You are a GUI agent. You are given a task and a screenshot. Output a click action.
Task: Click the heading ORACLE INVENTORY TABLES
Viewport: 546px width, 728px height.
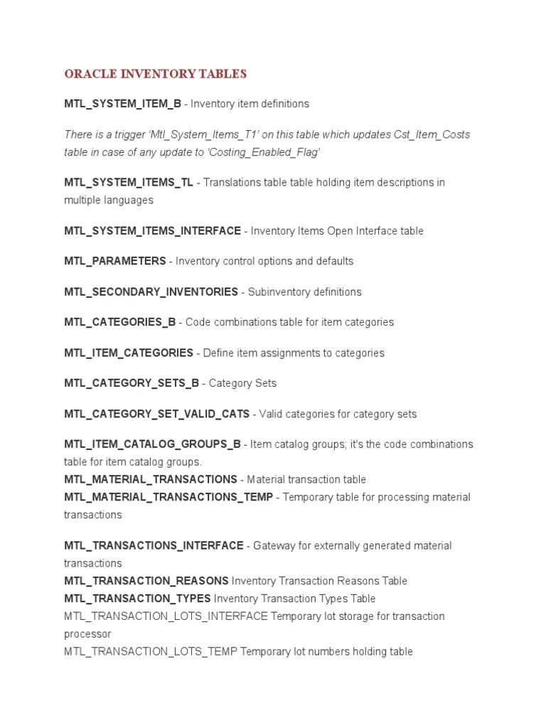155,74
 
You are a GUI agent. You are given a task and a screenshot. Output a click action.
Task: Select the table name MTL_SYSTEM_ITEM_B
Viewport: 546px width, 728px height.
122,104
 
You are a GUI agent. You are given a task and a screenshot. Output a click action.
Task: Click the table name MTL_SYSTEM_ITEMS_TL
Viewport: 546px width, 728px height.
129,183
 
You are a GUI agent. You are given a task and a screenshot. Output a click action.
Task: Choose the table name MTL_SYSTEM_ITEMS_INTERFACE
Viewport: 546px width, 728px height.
152,231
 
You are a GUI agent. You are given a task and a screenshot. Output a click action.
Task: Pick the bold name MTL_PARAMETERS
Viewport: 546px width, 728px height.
114,261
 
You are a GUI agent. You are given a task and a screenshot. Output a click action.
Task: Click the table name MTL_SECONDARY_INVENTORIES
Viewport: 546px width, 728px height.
151,291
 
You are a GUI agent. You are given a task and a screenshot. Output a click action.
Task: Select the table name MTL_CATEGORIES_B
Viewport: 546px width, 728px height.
119,322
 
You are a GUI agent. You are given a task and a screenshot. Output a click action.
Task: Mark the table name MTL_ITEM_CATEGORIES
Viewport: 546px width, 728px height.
128,353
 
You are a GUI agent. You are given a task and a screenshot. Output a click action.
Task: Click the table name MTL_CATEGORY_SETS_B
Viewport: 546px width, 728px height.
132,383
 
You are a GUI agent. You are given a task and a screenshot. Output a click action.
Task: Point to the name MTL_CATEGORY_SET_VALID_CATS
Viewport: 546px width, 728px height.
156,414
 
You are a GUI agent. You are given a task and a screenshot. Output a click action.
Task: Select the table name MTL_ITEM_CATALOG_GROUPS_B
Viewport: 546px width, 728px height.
152,444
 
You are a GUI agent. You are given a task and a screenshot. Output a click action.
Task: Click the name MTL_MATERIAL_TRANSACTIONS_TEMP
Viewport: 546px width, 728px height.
168,497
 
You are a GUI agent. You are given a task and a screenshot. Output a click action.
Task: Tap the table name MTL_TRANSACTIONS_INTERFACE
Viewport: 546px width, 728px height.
154,546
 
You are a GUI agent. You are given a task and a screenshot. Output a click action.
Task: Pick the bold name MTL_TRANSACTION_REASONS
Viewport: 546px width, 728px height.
146,581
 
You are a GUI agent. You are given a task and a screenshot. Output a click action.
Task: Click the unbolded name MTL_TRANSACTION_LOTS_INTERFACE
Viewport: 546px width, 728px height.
166,616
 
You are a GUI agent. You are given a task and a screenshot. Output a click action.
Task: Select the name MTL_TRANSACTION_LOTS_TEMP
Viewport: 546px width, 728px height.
151,651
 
